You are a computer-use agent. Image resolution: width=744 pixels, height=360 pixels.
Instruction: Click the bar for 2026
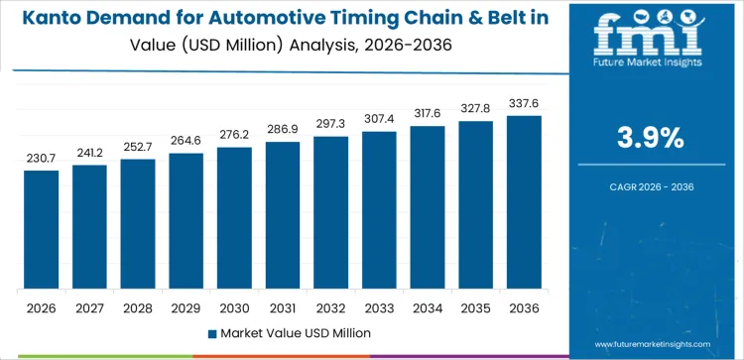[x=42, y=230]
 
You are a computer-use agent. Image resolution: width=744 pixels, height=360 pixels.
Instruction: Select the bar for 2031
[x=283, y=216]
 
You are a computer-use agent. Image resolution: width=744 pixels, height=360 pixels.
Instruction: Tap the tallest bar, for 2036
[x=524, y=203]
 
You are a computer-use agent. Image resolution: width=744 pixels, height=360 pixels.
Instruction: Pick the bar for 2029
[x=186, y=221]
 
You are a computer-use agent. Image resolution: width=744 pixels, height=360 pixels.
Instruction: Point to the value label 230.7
[x=42, y=159]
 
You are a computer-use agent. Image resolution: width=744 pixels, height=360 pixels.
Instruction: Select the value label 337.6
[x=524, y=104]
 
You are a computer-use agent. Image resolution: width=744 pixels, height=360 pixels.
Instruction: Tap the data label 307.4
[x=379, y=120]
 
